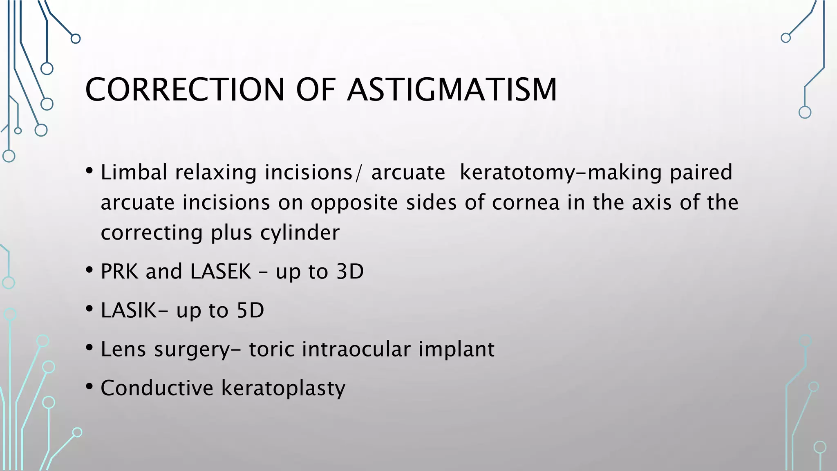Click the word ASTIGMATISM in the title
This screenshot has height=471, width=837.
pyautogui.click(x=452, y=90)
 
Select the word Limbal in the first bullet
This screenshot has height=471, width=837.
pyautogui.click(x=134, y=172)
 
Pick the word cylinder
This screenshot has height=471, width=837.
pyautogui.click(x=300, y=233)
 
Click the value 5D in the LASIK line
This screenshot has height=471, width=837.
pyautogui.click(x=251, y=310)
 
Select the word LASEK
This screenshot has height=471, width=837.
pyautogui.click(x=221, y=271)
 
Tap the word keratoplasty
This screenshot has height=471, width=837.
pyautogui.click(x=283, y=388)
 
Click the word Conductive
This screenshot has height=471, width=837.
pyautogui.click(x=157, y=388)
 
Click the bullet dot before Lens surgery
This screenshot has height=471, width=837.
pyautogui.click(x=90, y=348)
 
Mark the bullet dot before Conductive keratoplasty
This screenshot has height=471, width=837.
pyautogui.click(x=90, y=387)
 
